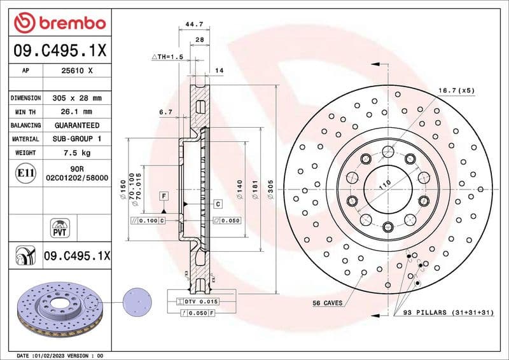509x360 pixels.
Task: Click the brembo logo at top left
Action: (60, 24)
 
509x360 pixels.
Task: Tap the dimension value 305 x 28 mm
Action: (76, 99)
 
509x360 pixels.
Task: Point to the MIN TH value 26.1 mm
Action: (76, 112)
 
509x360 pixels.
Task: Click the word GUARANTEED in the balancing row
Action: (76, 125)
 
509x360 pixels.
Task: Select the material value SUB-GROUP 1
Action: (76, 139)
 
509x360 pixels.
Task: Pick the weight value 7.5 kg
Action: (76, 153)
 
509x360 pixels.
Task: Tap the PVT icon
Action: (60, 227)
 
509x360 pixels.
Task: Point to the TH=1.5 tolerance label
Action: (167, 57)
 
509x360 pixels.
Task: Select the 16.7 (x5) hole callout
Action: (456, 91)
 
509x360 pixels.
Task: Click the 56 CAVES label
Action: (328, 302)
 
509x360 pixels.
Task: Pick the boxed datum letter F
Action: (164, 196)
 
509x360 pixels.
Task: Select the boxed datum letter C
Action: (218, 204)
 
